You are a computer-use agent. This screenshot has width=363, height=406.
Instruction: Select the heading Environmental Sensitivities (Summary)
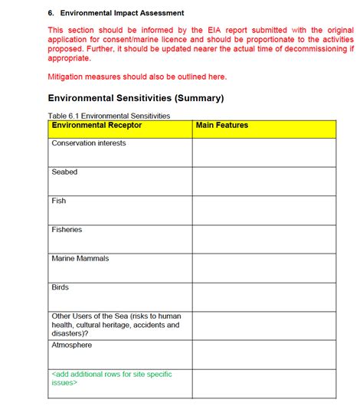click(x=136, y=98)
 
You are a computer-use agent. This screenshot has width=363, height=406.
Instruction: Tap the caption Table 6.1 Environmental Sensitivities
click(x=109, y=116)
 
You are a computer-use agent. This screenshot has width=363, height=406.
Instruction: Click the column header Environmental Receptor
click(x=96, y=125)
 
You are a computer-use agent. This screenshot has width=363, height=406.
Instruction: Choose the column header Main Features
click(x=222, y=125)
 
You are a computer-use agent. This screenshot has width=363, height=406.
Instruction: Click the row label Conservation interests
click(x=89, y=143)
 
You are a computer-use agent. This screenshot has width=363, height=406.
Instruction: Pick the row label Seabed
click(x=64, y=172)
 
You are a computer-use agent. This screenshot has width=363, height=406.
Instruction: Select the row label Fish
click(x=59, y=201)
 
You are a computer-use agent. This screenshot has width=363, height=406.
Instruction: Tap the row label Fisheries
click(x=67, y=230)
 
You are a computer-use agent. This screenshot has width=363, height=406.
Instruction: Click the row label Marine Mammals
click(x=80, y=258)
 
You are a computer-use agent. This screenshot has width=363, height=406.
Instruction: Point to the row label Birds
click(x=60, y=287)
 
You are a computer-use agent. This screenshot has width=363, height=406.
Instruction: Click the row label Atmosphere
click(x=73, y=345)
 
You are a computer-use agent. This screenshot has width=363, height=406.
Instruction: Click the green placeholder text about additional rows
click(x=111, y=378)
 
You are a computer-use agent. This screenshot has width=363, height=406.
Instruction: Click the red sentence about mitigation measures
click(x=137, y=77)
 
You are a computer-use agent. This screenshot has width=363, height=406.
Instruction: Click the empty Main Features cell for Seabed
click(x=263, y=181)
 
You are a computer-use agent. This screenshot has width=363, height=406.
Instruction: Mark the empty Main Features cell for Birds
click(x=263, y=296)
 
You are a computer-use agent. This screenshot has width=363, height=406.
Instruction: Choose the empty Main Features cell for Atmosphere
click(x=263, y=354)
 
